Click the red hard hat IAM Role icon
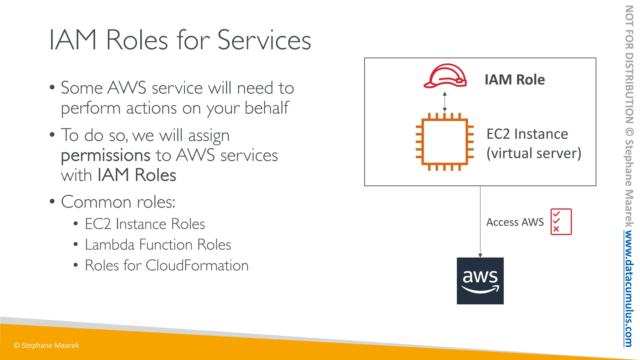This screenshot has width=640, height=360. coord(445,76)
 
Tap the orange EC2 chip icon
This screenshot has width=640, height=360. coord(444,142)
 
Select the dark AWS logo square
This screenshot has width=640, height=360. coord(480,281)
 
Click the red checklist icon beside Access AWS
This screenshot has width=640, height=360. coord(561,222)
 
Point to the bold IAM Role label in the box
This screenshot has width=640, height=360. coord(514,80)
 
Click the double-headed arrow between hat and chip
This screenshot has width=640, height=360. coord(445,102)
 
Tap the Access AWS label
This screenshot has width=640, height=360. coord(515,222)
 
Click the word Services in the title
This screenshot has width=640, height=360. coord(264,40)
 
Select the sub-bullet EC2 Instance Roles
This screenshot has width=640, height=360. coord(145,224)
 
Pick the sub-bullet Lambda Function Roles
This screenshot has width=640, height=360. coord(158,245)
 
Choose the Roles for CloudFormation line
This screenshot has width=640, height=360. coord(167,266)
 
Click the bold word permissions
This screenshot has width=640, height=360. coord(106,155)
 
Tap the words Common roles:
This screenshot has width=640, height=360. coord(118,202)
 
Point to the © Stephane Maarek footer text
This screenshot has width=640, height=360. coord(47,345)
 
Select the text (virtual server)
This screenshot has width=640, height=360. coord(534,153)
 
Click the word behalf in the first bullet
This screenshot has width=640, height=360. coord(267,108)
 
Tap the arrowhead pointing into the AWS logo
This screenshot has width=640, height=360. coord(480,255)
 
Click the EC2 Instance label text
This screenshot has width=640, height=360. coord(527,134)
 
